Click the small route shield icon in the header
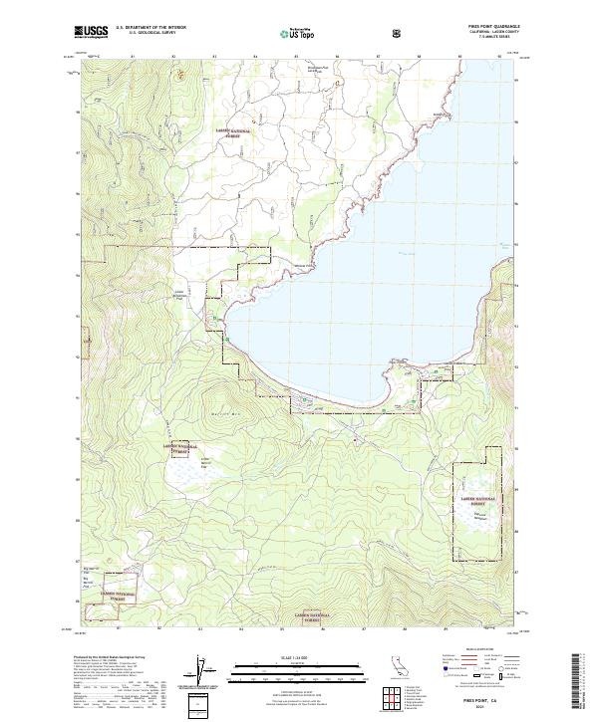[399, 32]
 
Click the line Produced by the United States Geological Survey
[107, 658]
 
